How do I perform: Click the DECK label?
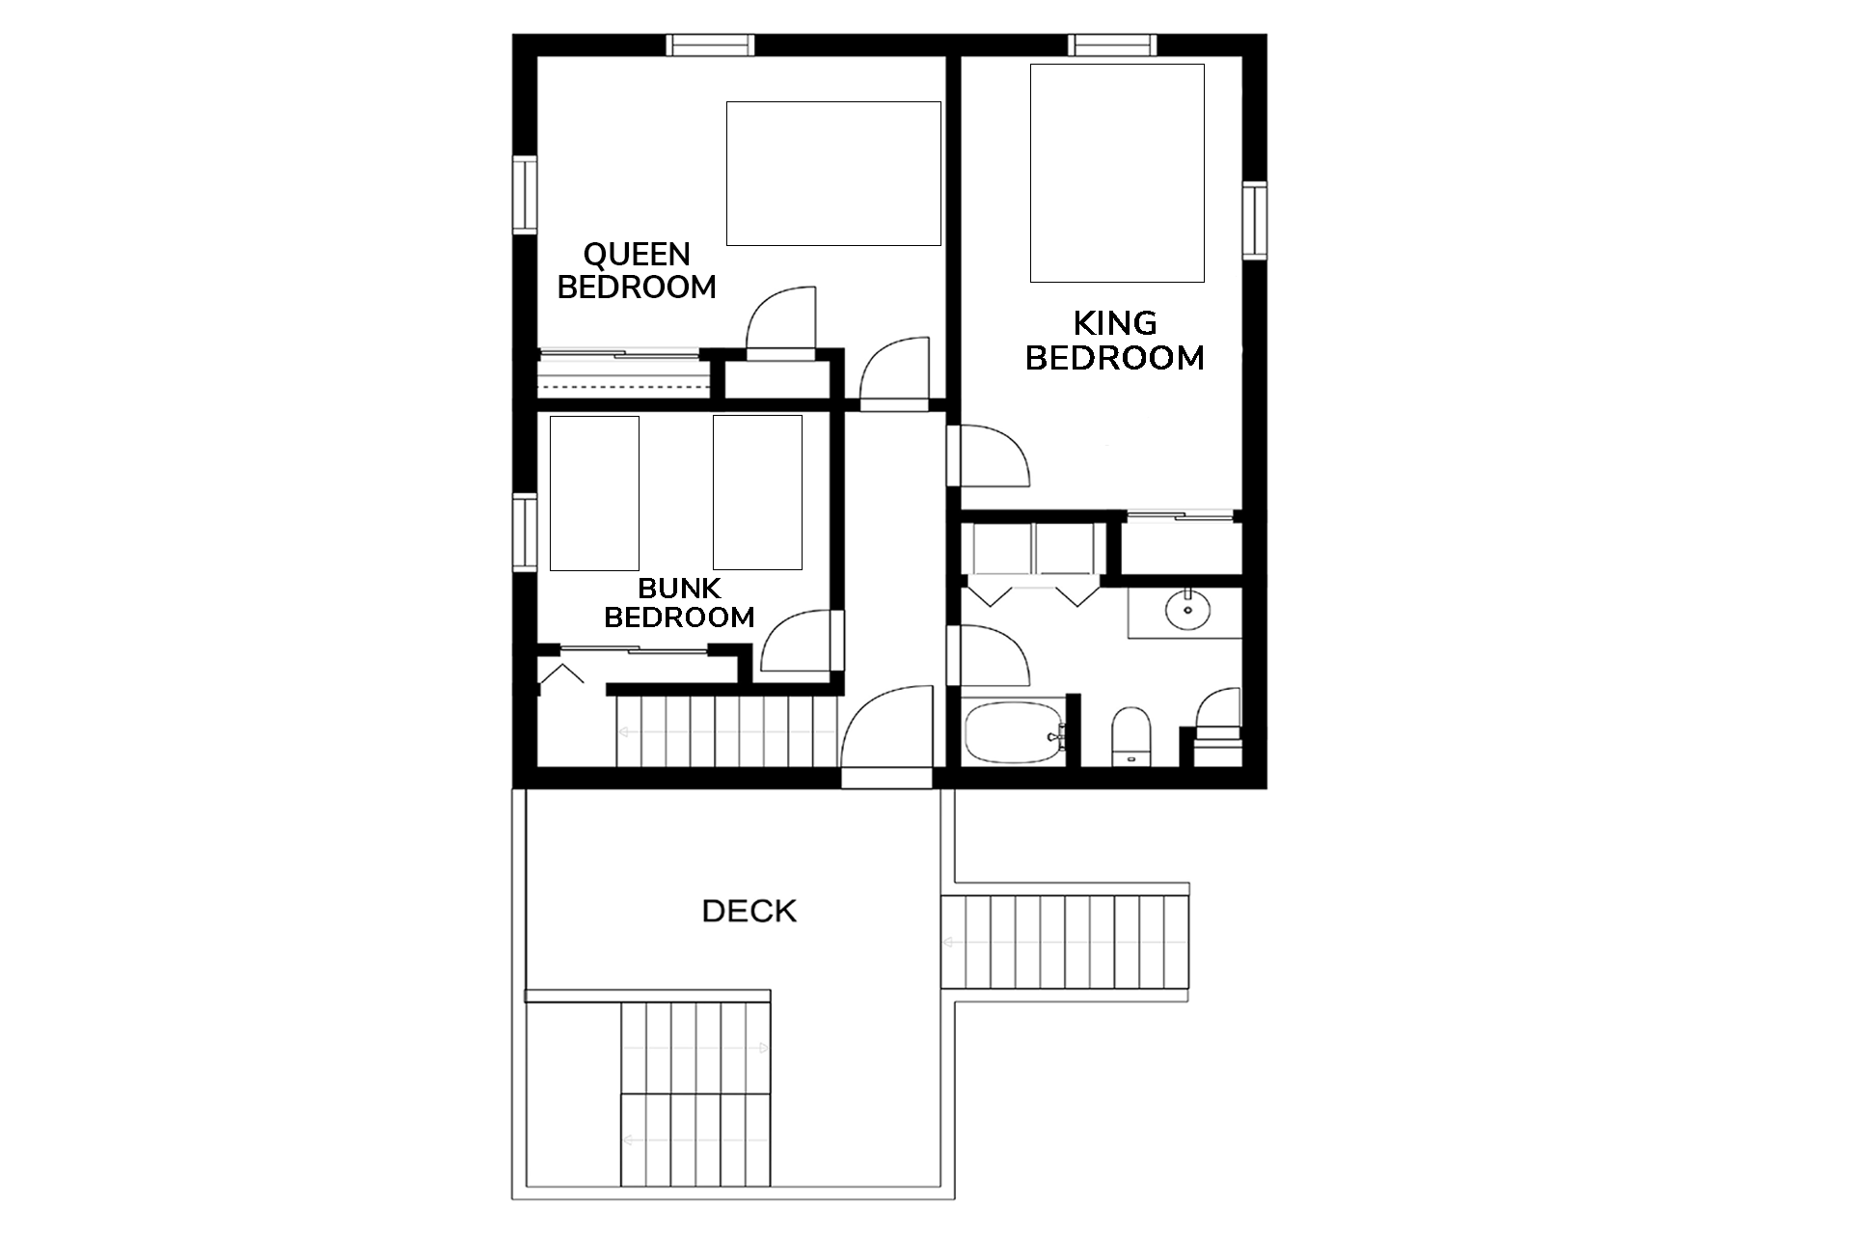749,911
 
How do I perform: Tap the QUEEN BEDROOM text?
637,271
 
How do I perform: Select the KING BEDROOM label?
1115,341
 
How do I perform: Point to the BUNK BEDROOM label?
679,602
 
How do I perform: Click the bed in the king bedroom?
1117,173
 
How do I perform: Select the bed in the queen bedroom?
833,174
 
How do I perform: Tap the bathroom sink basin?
1187,609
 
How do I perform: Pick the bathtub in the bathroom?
1015,733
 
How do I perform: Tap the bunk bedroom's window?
524,532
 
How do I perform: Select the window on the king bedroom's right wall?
1255,220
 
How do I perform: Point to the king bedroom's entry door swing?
989,454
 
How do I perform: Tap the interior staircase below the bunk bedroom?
727,731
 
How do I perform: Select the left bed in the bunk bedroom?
594,493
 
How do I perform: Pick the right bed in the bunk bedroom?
757,492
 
